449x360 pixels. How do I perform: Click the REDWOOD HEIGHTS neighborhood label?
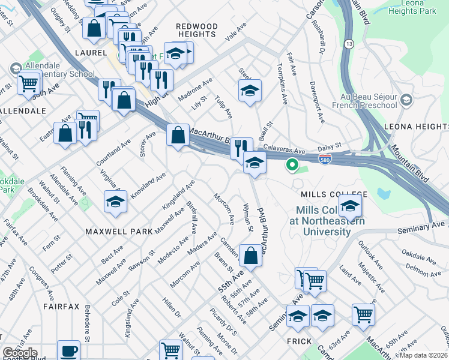196,31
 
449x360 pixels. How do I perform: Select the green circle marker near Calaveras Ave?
292,164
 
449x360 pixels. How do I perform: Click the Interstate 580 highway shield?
324,158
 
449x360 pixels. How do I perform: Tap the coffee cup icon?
68,350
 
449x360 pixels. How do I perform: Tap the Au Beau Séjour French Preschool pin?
407,99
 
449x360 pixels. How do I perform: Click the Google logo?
20,353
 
